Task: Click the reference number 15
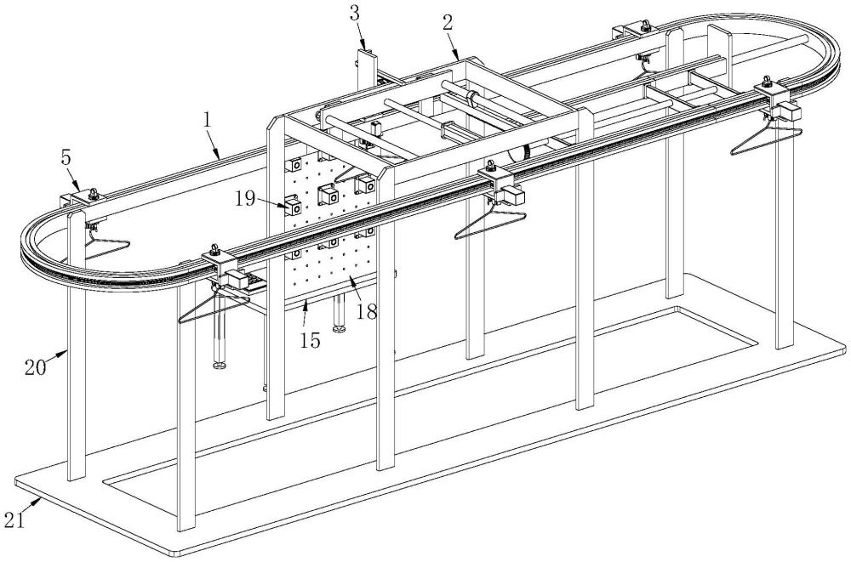(x=311, y=340)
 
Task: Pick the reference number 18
(x=367, y=312)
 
